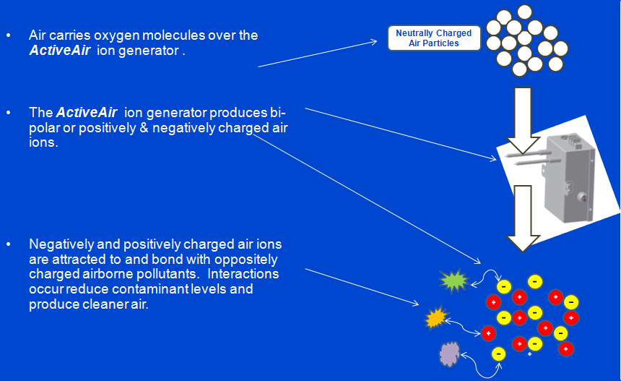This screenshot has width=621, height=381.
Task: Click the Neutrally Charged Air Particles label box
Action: [x=434, y=38]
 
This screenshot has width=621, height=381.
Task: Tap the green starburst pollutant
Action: [x=453, y=281]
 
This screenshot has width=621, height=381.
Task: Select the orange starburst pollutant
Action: [x=436, y=317]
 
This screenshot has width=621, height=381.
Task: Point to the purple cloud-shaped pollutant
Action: [x=450, y=354]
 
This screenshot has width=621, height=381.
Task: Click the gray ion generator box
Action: [x=569, y=178]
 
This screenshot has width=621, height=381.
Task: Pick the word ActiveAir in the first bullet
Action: [x=60, y=51]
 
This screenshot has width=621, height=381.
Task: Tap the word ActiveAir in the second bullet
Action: [x=87, y=112]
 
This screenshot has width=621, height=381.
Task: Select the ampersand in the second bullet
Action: [x=144, y=128]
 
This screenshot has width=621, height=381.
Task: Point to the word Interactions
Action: [x=243, y=273]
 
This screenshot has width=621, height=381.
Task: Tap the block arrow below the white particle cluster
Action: [x=523, y=121]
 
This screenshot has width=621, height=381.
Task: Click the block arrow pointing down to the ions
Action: [x=523, y=218]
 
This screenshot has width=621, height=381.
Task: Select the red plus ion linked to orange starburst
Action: [x=488, y=333]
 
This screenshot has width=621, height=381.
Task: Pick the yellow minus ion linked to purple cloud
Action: [x=499, y=354]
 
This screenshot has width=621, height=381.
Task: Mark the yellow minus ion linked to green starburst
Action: [x=504, y=286]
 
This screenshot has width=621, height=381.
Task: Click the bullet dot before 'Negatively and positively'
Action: [x=9, y=244]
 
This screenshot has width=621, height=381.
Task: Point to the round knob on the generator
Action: [x=581, y=197]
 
